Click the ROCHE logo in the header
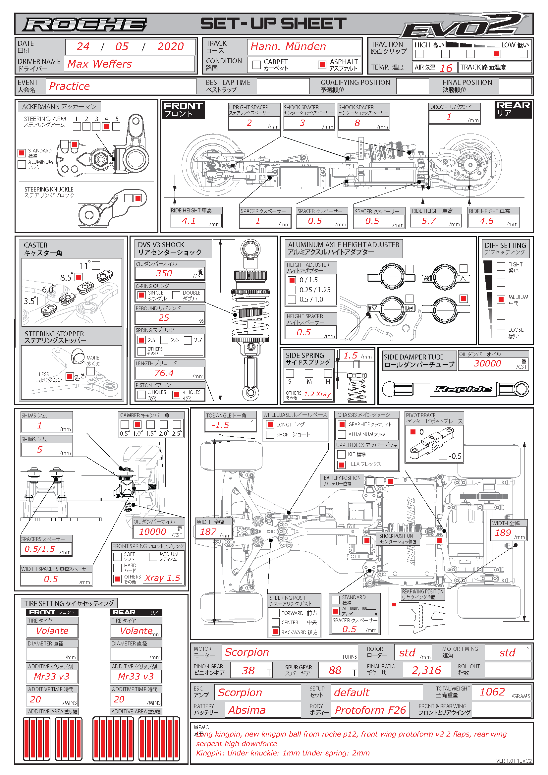pyautogui.click(x=84, y=24)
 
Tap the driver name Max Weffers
pyautogui.click(x=99, y=64)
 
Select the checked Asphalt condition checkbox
pyautogui.click(x=322, y=65)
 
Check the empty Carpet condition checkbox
pyautogui.click(x=256, y=65)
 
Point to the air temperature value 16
pyautogui.click(x=446, y=68)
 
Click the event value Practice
pyautogui.click(x=70, y=86)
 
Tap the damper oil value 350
pyautogui.click(x=164, y=273)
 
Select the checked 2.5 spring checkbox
pyautogui.click(x=141, y=340)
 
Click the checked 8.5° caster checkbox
pyautogui.click(x=79, y=277)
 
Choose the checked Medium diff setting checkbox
pyautogui.click(x=501, y=299)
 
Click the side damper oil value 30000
pyautogui.click(x=487, y=363)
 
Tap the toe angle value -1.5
pyautogui.click(x=220, y=425)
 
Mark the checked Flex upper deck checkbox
pyautogui.click(x=342, y=465)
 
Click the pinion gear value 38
pyautogui.click(x=248, y=670)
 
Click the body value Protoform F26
pyautogui.click(x=370, y=710)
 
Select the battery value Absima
pyautogui.click(x=247, y=710)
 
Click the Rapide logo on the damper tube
pyautogui.click(x=462, y=389)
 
